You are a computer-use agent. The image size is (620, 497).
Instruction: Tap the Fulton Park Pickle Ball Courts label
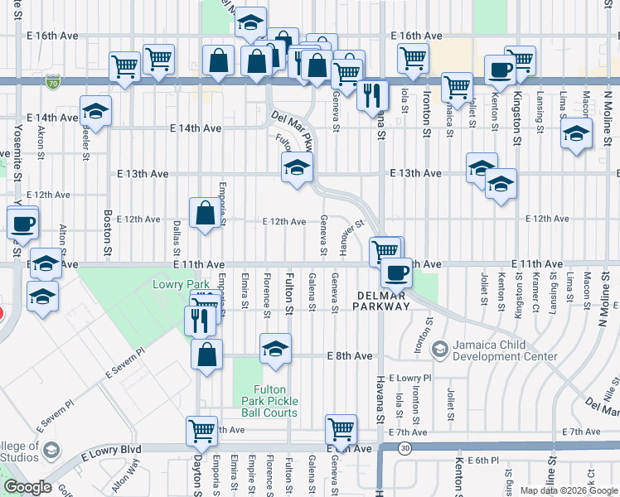tap(275, 401)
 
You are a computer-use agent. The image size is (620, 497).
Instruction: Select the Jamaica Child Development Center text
tap(505, 350)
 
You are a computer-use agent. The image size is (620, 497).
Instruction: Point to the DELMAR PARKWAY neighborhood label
tap(384, 300)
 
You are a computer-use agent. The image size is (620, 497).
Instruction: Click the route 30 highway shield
tap(404, 448)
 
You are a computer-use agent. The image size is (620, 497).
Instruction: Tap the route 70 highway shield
tap(54, 83)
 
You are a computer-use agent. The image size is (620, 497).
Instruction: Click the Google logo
tap(27, 487)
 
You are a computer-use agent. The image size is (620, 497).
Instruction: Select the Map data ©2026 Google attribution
tap(568, 490)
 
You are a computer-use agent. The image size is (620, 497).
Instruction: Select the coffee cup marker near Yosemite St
tap(22, 222)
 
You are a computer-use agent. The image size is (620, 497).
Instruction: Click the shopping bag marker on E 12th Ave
tap(205, 213)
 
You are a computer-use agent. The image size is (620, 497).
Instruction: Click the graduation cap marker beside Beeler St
tap(95, 111)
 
